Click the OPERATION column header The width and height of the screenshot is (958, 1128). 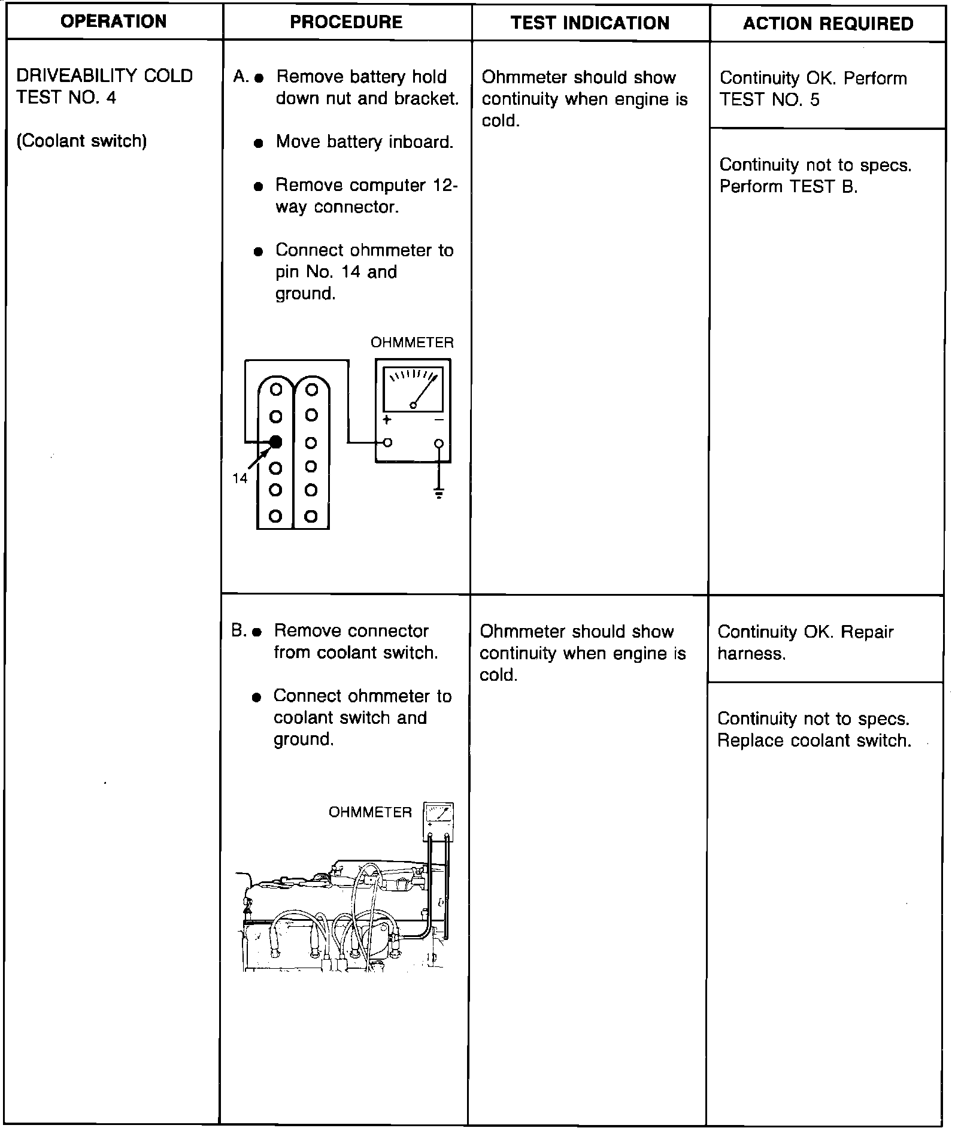114,22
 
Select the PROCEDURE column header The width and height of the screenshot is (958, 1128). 346,22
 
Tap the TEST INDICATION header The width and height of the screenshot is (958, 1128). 590,23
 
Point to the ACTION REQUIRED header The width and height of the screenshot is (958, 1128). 827,23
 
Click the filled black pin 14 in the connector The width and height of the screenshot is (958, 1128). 275,442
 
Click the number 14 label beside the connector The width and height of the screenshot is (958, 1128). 239,478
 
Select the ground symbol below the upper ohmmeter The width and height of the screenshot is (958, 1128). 439,494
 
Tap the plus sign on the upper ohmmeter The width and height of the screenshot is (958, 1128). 387,420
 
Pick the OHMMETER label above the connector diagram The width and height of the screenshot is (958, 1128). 412,342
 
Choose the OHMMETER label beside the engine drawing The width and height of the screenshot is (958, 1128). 370,812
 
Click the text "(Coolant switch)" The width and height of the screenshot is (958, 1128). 81,141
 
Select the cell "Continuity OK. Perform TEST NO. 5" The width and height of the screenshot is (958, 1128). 813,89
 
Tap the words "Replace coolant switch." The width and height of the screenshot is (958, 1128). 814,741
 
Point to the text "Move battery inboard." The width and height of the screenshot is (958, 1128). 364,142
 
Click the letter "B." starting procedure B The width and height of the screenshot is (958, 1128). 238,630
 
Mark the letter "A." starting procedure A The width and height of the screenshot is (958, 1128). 241,77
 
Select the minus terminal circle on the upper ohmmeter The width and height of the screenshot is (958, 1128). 439,443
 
